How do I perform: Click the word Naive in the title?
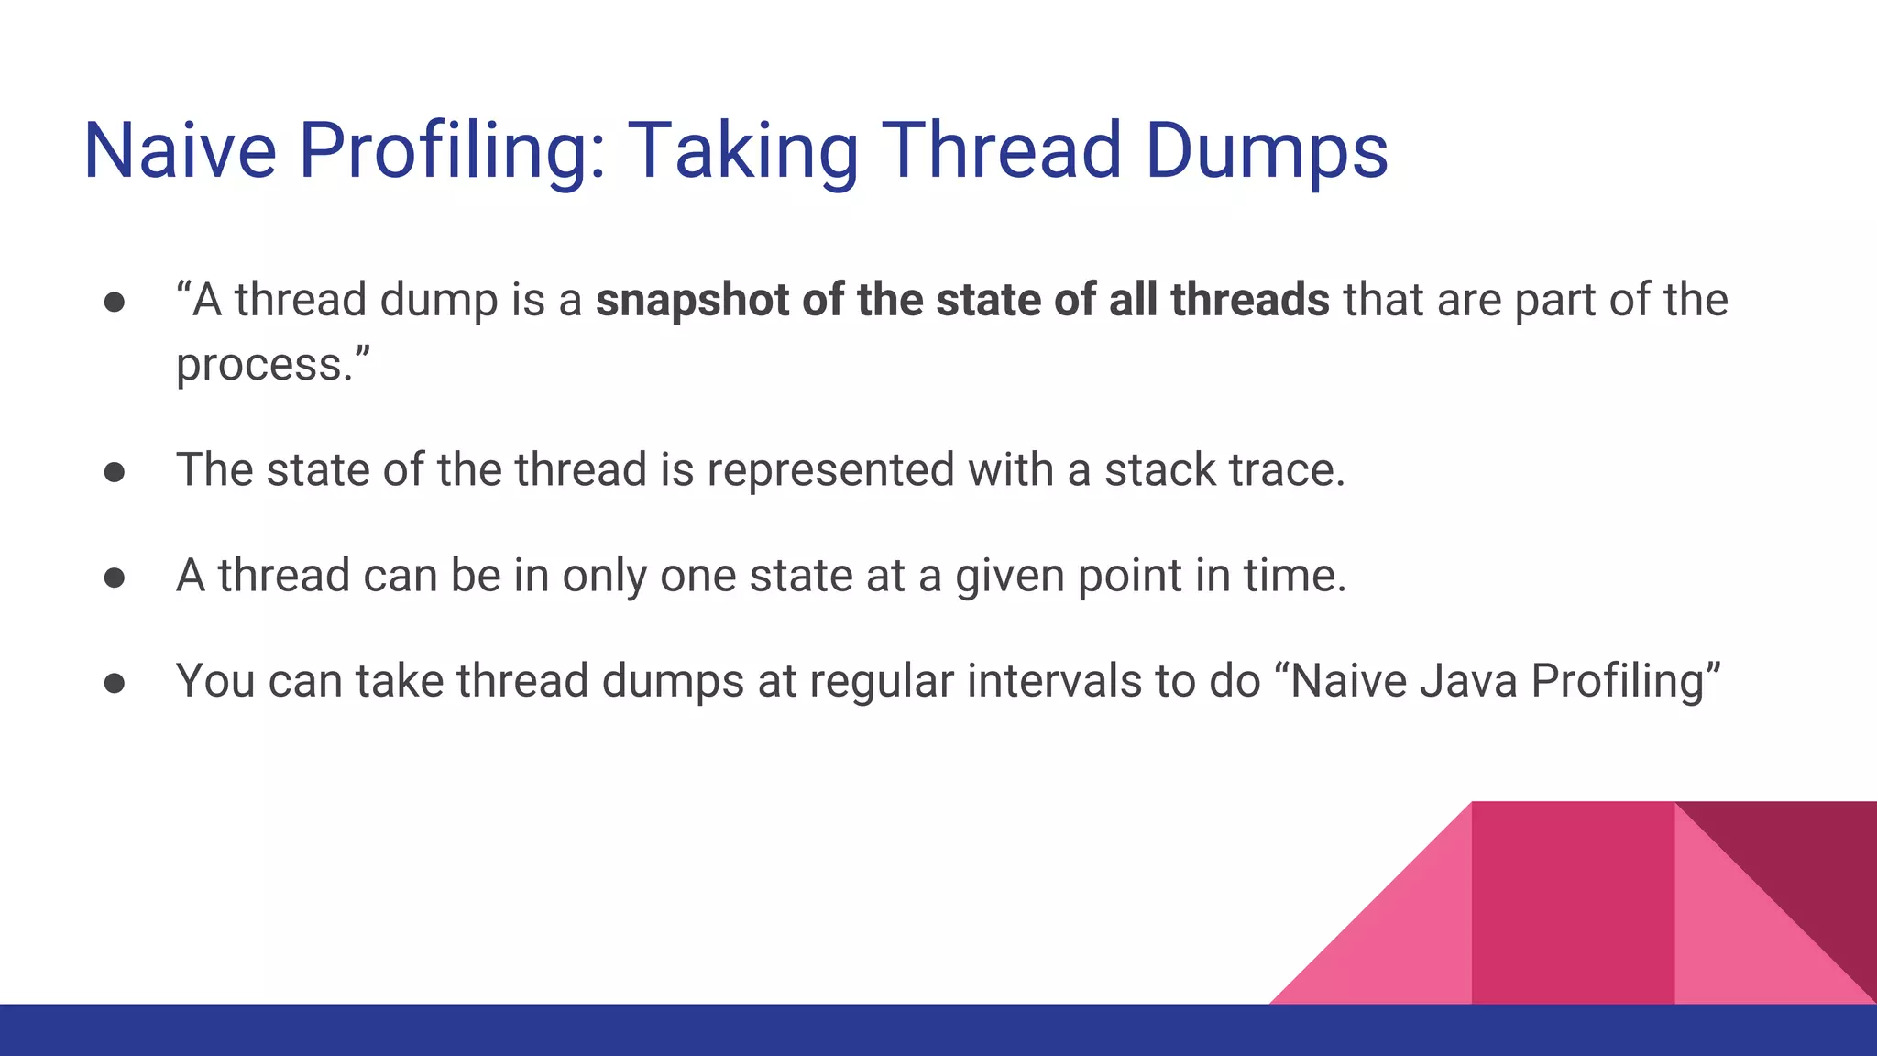[180, 150]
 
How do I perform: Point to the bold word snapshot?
[692, 301]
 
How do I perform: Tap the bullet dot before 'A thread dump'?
[115, 302]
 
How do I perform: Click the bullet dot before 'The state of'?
[115, 472]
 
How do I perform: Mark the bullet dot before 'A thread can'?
[115, 577]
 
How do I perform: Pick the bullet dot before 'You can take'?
[115, 683]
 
